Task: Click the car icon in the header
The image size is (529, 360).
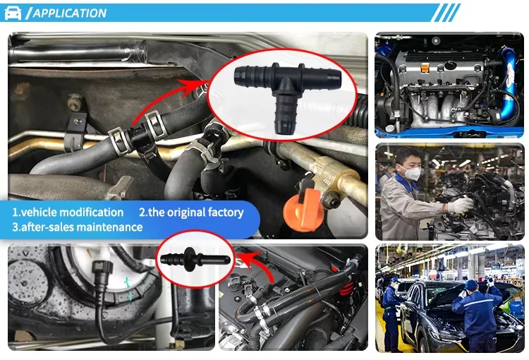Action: (x=13, y=13)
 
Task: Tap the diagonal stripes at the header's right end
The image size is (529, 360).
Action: (x=446, y=13)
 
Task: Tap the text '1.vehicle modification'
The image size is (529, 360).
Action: (x=68, y=212)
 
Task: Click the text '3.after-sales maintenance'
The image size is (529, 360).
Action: (x=78, y=227)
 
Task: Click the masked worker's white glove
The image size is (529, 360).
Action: (x=461, y=205)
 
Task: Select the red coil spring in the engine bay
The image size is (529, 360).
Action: (x=346, y=287)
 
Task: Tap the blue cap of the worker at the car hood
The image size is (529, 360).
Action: (x=472, y=284)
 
